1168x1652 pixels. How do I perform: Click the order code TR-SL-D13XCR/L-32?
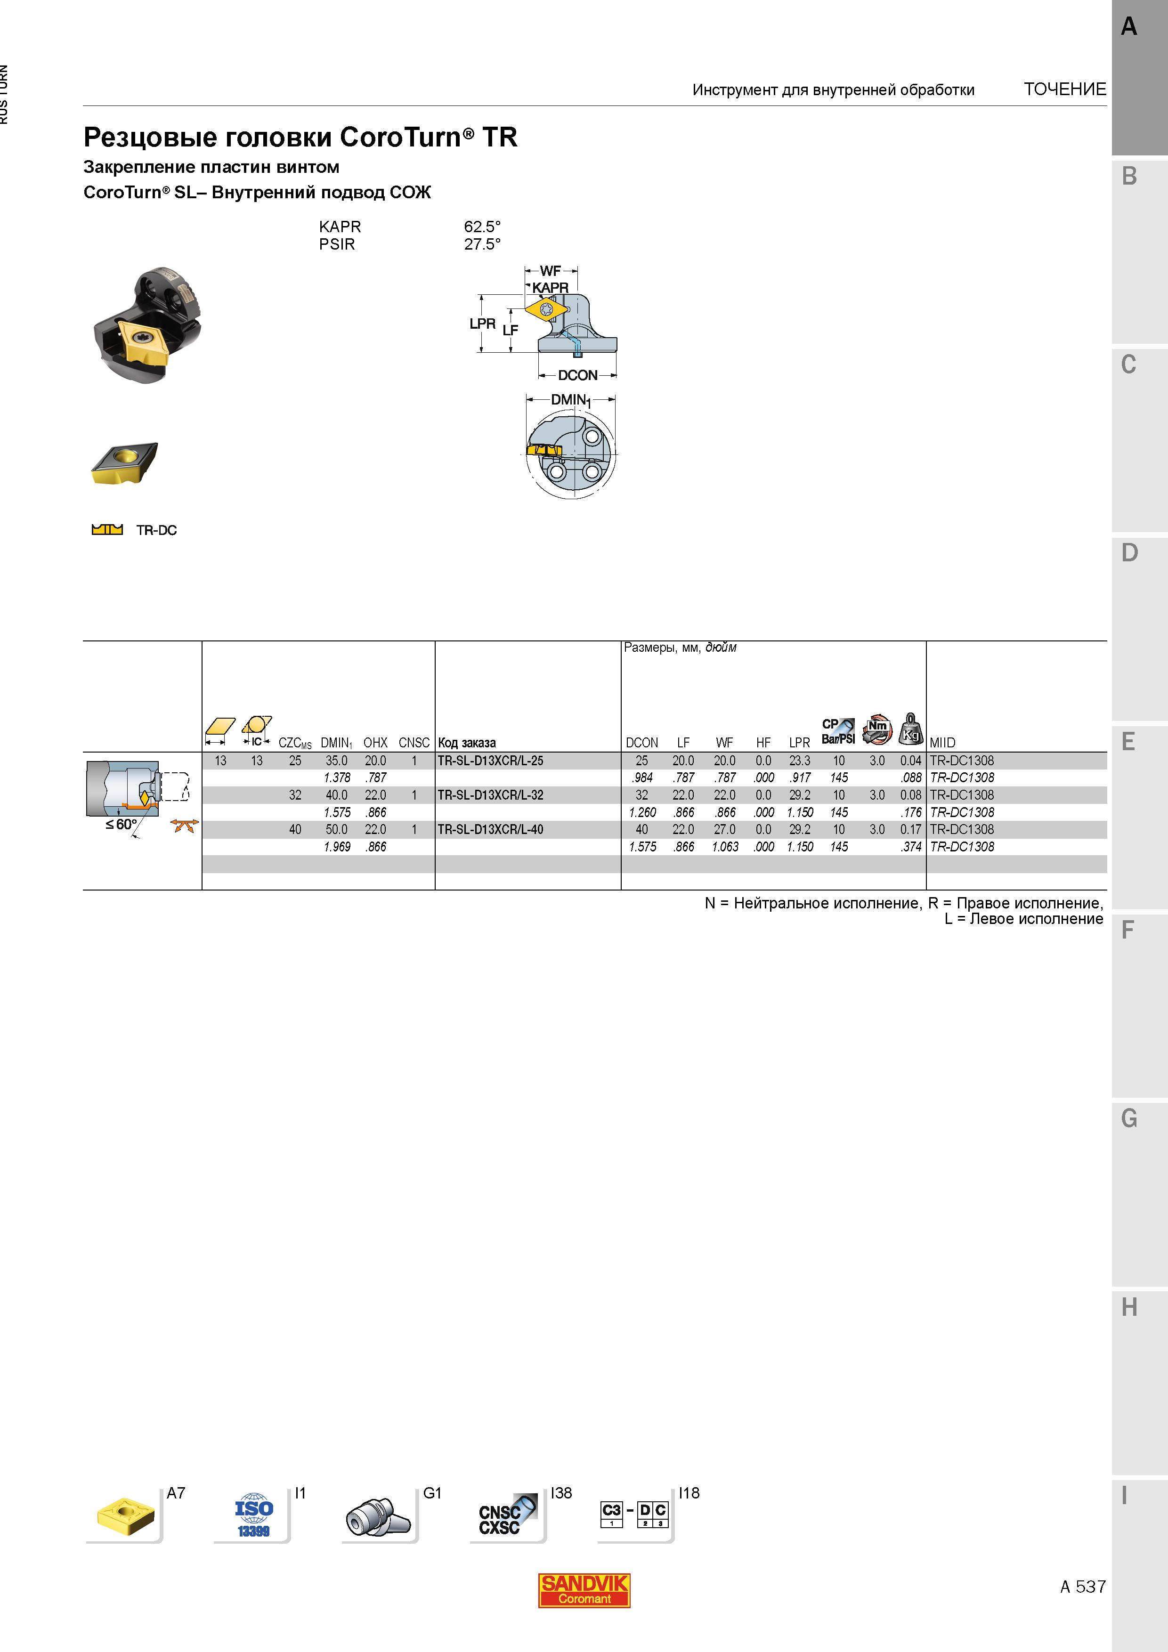tap(491, 795)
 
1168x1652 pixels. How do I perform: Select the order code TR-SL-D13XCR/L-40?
tap(491, 830)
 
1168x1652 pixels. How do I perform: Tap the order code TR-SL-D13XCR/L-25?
tap(491, 761)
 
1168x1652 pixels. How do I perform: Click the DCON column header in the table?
tap(642, 743)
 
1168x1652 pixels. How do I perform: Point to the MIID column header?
tap(943, 743)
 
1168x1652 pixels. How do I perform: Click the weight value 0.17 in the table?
tap(910, 830)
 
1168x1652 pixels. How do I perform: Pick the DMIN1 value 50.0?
tap(336, 830)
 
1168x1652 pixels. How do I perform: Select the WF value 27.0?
tap(725, 830)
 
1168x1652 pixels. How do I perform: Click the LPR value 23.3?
tap(800, 761)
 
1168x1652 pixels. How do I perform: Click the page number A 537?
tap(1082, 1587)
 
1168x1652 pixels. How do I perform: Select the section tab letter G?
tap(1129, 1119)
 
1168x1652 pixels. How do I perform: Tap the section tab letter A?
tap(1129, 27)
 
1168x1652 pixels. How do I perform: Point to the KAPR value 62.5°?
tap(482, 227)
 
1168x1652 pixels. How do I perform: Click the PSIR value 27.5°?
tap(482, 244)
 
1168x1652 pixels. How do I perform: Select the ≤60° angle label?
tap(121, 825)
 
